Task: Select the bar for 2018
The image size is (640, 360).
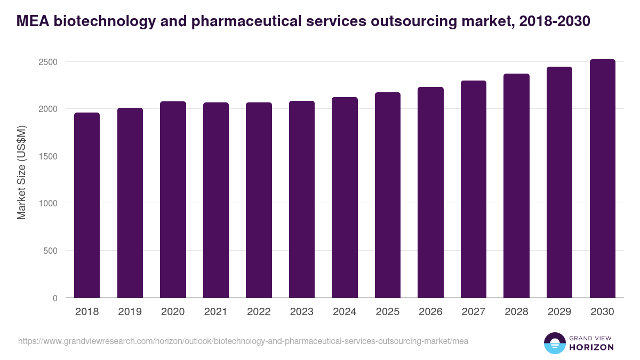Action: pos(87,205)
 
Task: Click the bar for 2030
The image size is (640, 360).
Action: pos(603,179)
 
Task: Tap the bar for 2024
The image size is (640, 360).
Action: pos(345,197)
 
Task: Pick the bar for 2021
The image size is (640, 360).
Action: pos(216,200)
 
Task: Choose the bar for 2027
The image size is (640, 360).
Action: pos(474,189)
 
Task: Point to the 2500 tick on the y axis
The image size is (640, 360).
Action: pos(47,62)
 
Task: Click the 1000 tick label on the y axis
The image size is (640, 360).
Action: pos(47,203)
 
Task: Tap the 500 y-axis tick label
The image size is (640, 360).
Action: pos(50,251)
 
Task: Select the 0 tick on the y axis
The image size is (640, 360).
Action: pos(55,298)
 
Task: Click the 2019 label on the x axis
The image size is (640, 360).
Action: pos(130,312)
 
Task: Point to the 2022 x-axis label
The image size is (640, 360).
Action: pos(259,312)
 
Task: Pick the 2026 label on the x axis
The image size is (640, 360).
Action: pos(430,312)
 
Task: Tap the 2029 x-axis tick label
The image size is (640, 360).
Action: pos(559,312)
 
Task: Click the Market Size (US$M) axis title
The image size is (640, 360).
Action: pos(21,172)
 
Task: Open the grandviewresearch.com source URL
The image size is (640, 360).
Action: pos(243,341)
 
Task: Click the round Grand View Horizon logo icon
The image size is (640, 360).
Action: pos(555,343)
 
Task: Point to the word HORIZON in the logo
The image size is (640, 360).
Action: pos(592,347)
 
